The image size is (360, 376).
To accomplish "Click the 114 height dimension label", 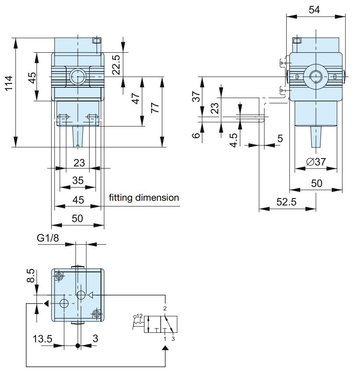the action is [9, 83].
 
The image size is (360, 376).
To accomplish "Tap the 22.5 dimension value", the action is [116, 65].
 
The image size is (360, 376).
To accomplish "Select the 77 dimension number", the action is [155, 108].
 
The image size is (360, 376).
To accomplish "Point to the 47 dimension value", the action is [136, 98].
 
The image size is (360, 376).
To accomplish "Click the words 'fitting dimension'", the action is [144, 198].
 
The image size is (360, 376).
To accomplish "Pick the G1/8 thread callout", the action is [48, 238].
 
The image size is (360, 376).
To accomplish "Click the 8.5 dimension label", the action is [31, 275].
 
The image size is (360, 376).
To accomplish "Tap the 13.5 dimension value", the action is [43, 339].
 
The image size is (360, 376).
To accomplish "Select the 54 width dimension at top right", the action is [314, 10].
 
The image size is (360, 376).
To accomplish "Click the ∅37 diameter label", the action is [316, 162].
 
